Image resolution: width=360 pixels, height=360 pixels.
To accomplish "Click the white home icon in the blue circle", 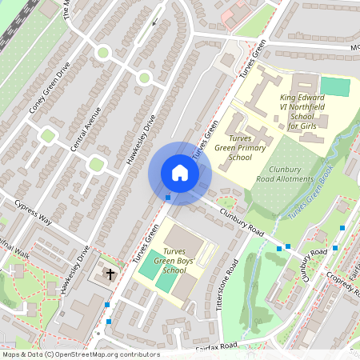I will coord(180,172).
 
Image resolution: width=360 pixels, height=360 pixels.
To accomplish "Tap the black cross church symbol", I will coord(110,274).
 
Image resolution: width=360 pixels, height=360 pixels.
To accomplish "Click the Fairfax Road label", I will coord(217,346).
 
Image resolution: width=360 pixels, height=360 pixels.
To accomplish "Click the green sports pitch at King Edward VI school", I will coord(335,86).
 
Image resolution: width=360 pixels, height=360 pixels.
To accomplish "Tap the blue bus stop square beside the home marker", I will coord(168,197).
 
